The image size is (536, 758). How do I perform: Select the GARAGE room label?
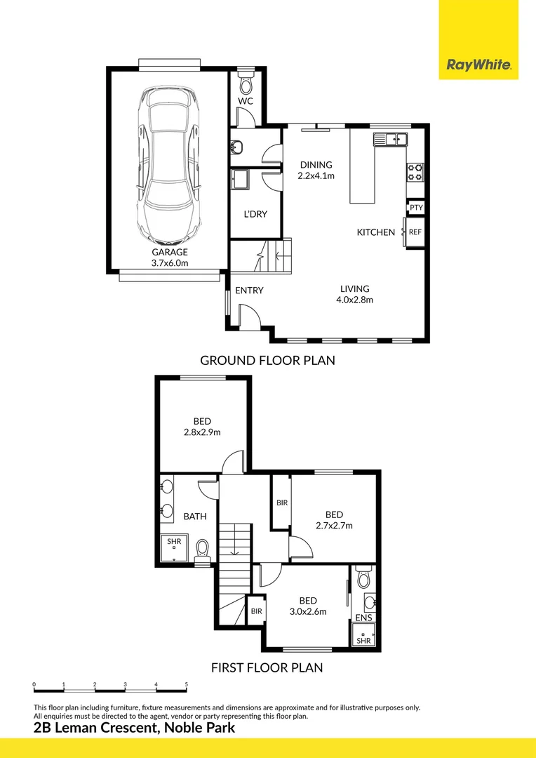tap(170, 252)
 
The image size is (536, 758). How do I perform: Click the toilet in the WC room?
tap(245, 85)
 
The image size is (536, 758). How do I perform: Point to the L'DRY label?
tap(256, 214)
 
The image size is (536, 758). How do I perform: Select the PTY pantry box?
tap(416, 208)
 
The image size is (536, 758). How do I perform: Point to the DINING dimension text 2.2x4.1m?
tap(316, 175)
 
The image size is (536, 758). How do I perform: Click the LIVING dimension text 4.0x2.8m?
tap(354, 300)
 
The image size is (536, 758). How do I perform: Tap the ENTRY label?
tap(249, 291)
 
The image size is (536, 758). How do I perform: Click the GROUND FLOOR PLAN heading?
tap(267, 361)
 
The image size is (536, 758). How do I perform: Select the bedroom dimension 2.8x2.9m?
tap(202, 432)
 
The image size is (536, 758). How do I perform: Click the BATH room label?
tap(195, 517)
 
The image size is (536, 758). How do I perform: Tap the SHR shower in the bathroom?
tap(174, 542)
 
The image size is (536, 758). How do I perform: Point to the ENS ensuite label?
tap(363, 618)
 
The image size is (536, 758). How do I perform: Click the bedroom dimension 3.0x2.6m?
tap(308, 611)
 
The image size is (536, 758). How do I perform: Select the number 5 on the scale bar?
tap(186, 683)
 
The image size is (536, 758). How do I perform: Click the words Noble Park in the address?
tap(200, 729)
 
